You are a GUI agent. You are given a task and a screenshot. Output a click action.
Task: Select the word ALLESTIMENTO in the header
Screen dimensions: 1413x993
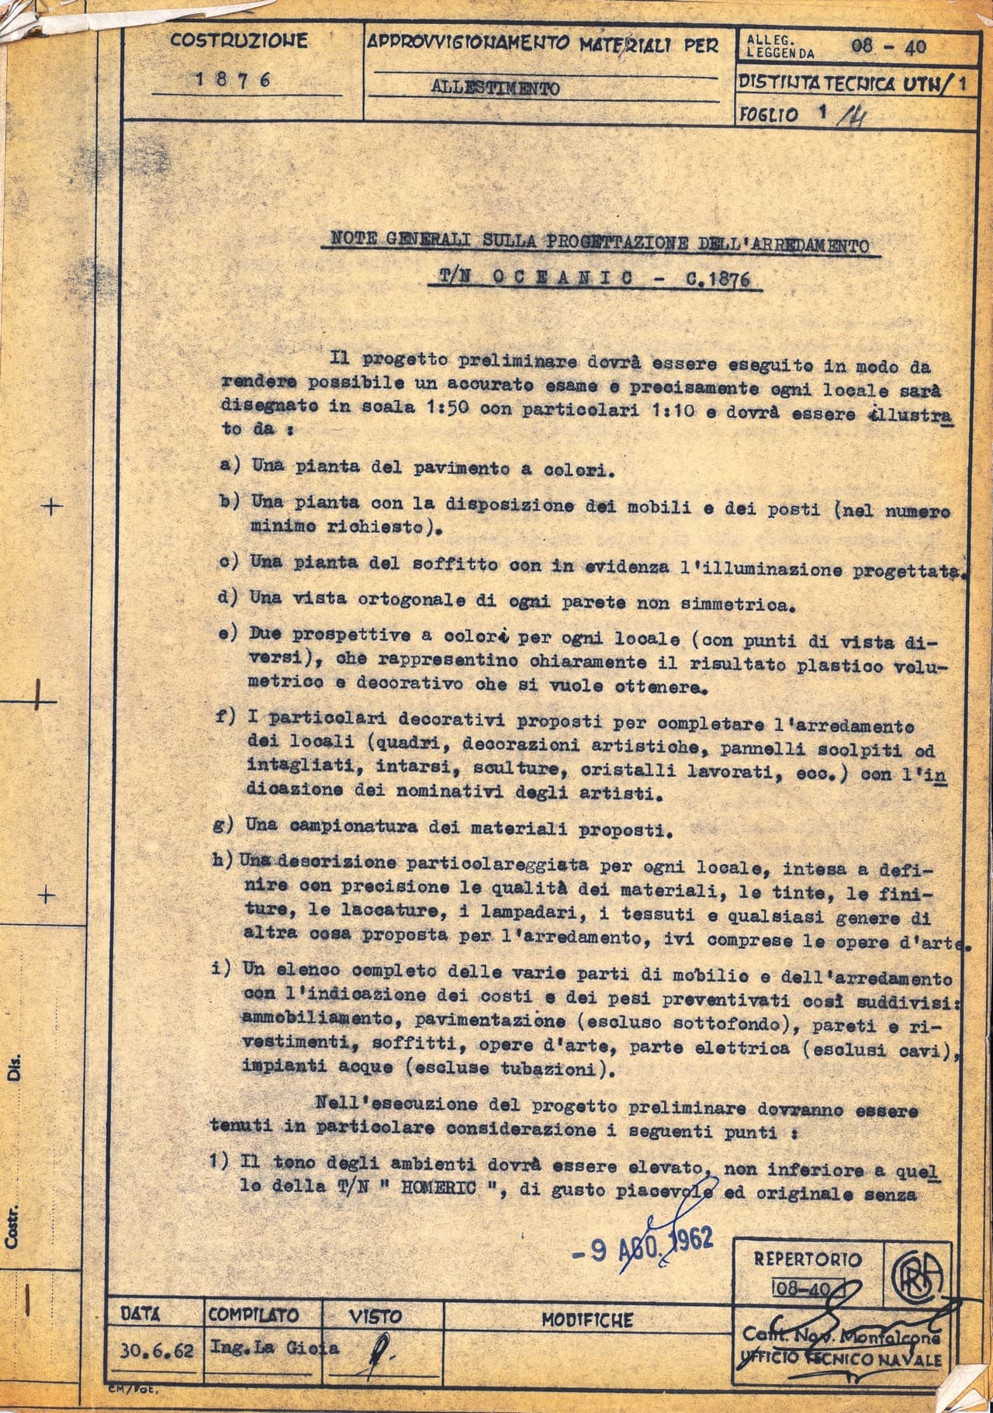tap(495, 88)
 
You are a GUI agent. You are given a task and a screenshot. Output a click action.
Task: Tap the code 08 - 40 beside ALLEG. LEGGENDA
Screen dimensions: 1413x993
tap(887, 46)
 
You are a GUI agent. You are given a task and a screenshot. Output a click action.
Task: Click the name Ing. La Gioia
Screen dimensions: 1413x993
tap(274, 1348)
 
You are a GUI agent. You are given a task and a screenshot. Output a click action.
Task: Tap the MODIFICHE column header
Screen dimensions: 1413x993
tap(586, 1319)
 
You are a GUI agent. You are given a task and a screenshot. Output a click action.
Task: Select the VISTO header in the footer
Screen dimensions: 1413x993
tap(375, 1317)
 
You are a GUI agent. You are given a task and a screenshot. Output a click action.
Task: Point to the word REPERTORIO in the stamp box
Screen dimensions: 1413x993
tap(807, 1259)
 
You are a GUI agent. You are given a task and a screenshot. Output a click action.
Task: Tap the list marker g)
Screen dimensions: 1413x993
tap(223, 825)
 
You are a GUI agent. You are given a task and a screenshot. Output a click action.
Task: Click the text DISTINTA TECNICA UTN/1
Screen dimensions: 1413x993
tap(852, 83)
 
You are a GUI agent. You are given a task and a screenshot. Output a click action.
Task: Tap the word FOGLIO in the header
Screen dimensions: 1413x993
tap(769, 115)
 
